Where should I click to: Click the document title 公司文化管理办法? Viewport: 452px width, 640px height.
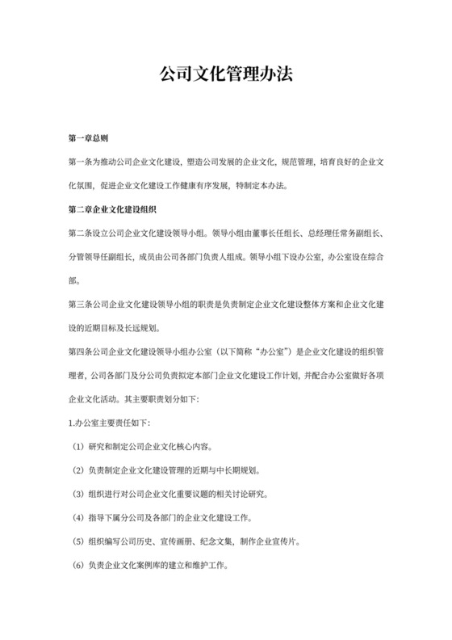(225, 74)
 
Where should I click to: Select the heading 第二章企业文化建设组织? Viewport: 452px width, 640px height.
(111, 210)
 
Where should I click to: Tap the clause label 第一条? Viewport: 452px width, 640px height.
(81, 162)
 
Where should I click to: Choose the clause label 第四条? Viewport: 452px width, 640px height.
(81, 352)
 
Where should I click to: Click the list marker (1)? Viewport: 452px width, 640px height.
(77, 447)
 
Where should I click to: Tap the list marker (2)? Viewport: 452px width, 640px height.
(77, 470)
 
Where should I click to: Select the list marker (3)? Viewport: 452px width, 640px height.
(77, 495)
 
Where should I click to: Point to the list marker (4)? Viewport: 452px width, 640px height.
(77, 518)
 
